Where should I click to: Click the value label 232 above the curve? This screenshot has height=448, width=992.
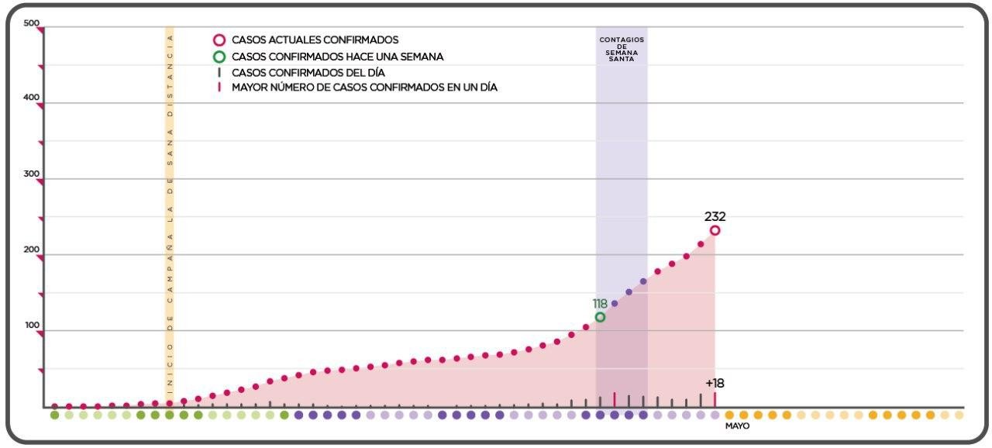tap(715, 217)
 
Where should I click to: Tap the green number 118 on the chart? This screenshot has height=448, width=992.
tap(600, 304)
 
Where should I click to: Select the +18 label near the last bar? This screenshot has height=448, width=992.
tap(715, 383)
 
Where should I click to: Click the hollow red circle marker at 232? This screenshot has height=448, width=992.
tap(715, 230)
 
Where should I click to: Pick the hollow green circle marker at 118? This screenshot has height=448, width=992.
tap(600, 317)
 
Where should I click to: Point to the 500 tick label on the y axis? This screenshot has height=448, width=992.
tap(32, 23)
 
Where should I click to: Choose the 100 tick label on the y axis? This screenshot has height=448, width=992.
tap(32, 326)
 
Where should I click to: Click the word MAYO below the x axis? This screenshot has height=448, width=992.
tap(737, 426)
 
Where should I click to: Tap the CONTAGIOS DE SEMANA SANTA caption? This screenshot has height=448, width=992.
tap(622, 49)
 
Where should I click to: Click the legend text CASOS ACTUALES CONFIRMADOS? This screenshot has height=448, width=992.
tap(315, 40)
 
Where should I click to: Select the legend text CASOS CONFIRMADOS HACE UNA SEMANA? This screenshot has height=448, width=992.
tap(337, 57)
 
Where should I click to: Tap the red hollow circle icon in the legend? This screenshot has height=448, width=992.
tap(219, 40)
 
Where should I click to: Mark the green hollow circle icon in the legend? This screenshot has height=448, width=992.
tap(219, 57)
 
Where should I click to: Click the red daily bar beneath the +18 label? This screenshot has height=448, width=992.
tap(715, 399)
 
